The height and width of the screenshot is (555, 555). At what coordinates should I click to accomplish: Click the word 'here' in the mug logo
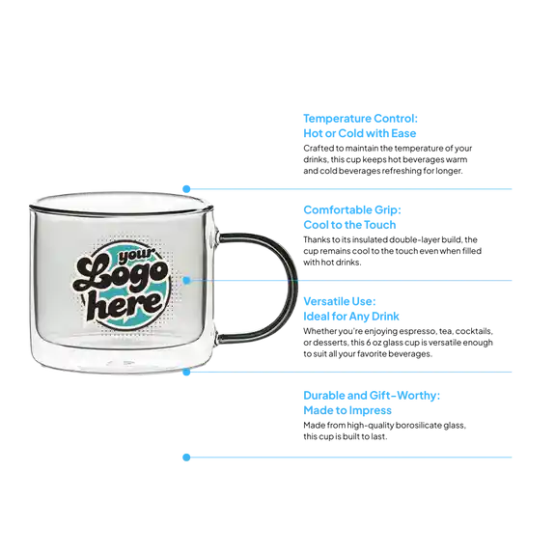[125, 304]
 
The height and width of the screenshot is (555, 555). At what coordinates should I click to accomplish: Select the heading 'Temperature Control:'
[360, 119]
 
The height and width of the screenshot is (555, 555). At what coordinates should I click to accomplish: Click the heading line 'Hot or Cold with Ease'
[360, 133]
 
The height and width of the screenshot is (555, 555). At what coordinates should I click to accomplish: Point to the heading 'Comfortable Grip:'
[352, 209]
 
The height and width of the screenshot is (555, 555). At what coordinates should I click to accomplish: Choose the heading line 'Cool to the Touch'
[349, 225]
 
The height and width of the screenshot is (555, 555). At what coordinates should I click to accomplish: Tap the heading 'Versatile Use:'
[340, 301]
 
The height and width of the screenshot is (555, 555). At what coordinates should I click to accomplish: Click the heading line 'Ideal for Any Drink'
[351, 317]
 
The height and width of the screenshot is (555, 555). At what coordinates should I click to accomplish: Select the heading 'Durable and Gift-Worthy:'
[372, 396]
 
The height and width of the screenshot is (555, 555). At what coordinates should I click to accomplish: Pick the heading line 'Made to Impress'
[347, 410]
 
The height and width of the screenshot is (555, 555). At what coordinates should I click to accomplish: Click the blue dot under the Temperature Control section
[186, 189]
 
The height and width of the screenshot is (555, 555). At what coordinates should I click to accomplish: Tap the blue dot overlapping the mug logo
[186, 281]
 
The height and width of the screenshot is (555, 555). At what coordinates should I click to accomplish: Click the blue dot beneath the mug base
[186, 372]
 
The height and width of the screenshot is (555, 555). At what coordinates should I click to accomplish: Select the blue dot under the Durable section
[186, 458]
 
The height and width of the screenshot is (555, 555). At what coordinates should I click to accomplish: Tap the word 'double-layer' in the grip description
[393, 239]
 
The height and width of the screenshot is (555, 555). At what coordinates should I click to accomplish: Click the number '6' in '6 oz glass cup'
[368, 343]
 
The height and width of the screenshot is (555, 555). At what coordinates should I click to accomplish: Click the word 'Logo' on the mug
[121, 274]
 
